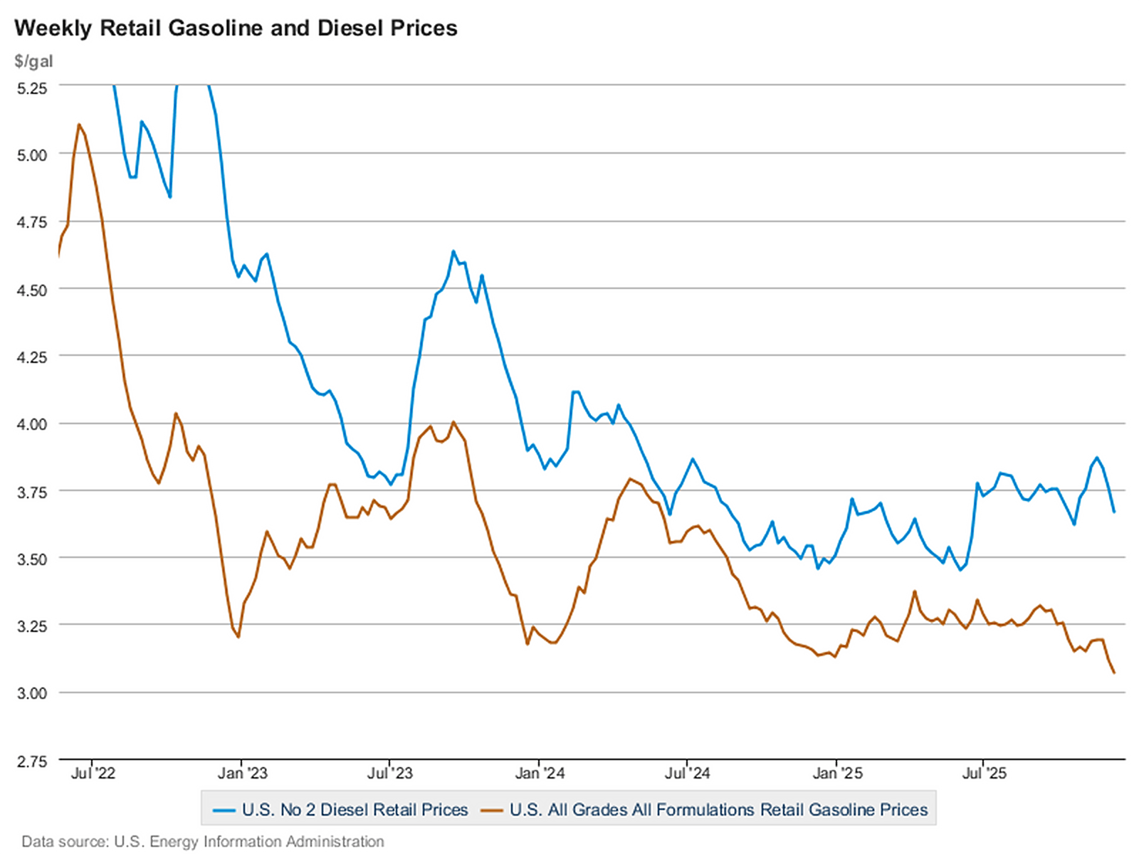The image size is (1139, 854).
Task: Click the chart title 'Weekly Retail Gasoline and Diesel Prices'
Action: [x=236, y=28]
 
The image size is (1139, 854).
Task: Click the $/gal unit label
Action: [x=33, y=61]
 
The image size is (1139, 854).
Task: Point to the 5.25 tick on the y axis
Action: [x=32, y=88]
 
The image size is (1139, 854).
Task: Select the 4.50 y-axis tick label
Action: [x=32, y=290]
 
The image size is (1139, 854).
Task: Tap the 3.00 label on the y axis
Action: [x=32, y=693]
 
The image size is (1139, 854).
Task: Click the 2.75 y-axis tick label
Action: [x=32, y=762]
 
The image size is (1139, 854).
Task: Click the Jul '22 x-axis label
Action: [x=93, y=774]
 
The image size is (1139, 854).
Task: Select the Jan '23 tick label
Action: [x=242, y=774]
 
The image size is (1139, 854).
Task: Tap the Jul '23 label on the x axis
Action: [x=390, y=774]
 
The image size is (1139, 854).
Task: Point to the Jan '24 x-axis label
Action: [x=540, y=774]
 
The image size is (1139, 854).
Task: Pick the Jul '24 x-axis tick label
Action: [x=687, y=774]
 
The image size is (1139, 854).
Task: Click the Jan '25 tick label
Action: [x=837, y=774]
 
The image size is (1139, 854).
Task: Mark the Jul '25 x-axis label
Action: [x=985, y=774]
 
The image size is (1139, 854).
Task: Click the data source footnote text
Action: [x=203, y=842]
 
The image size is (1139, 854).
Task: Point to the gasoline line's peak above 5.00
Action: [x=79, y=125]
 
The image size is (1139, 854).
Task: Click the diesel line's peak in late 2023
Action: [x=453, y=251]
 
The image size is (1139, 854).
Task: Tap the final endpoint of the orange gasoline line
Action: [x=1114, y=673]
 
